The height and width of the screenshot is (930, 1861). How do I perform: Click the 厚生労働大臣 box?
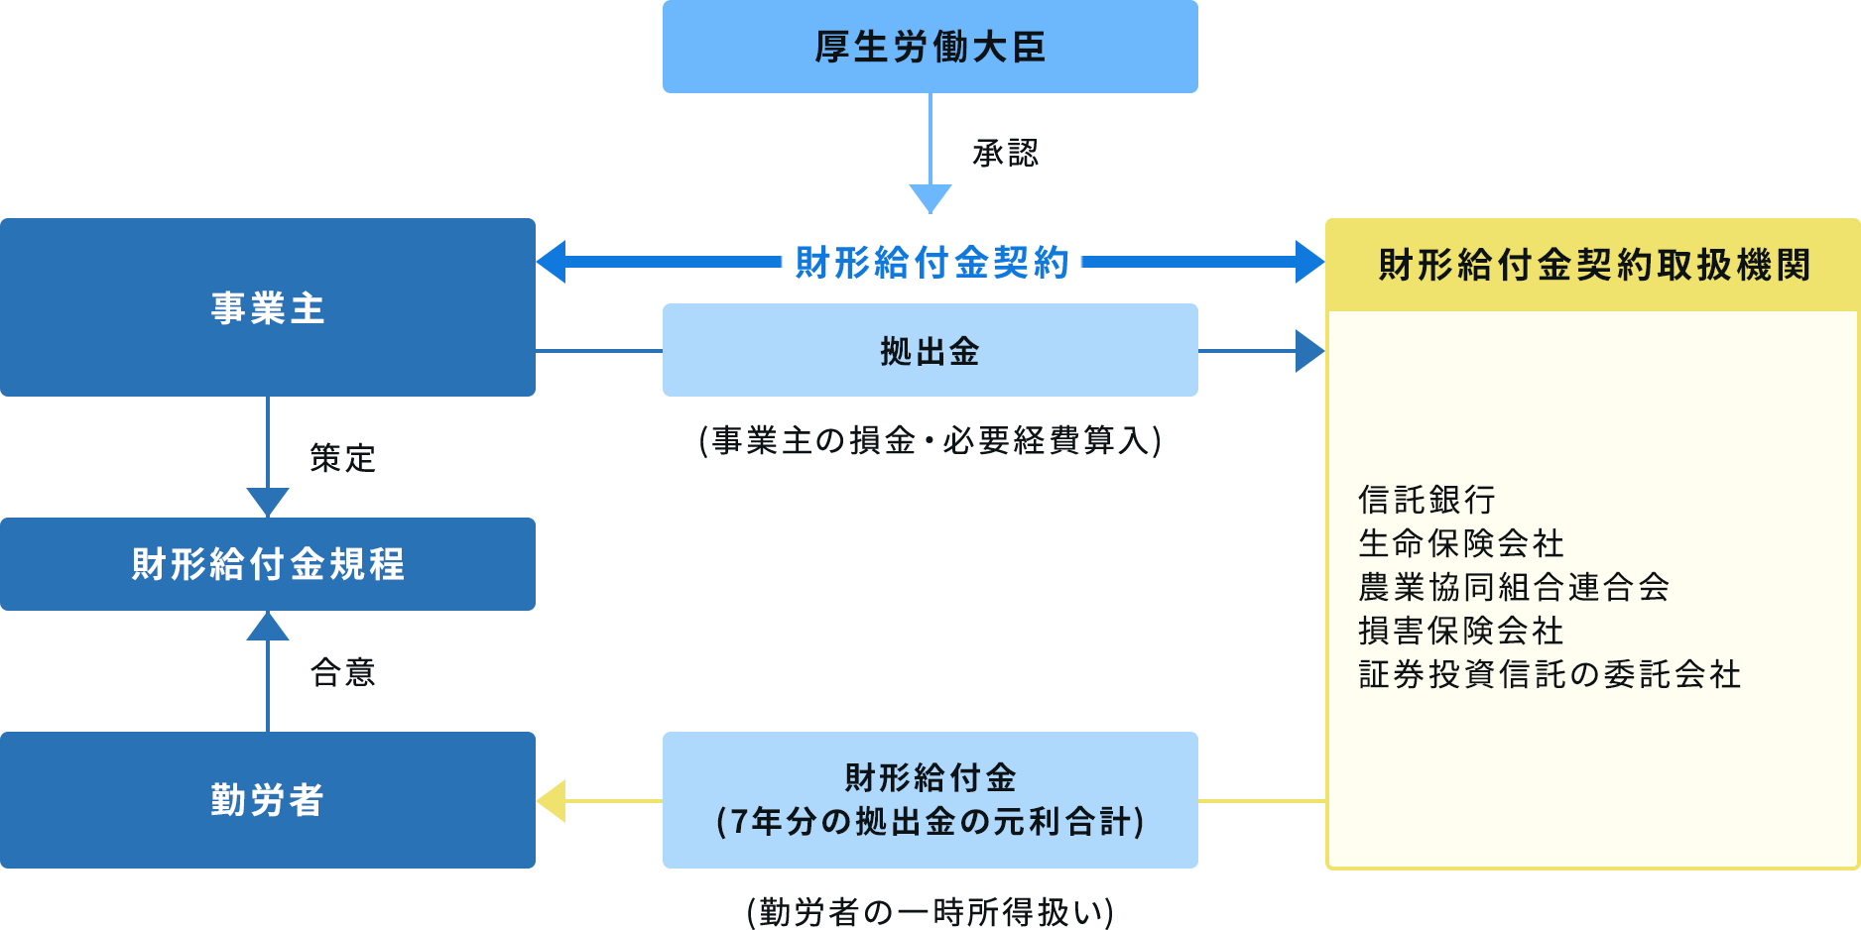tap(930, 47)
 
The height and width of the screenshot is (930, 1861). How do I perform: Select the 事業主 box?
tap(268, 307)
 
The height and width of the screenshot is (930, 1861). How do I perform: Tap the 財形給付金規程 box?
tap(268, 564)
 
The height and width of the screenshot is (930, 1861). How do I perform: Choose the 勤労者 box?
tap(268, 800)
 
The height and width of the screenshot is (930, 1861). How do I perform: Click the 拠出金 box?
tap(930, 351)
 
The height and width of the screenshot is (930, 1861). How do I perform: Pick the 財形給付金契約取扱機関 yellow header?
tap(1593, 265)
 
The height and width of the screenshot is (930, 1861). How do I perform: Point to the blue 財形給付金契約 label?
tap(931, 263)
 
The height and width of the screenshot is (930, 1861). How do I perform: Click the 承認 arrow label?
tap(1005, 153)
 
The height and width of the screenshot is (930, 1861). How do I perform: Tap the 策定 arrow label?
tap(342, 458)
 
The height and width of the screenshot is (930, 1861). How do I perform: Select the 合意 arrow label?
tap(342, 672)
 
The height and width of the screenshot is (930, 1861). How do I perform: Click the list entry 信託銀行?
tap(1427, 500)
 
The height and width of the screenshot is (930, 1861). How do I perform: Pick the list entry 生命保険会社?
tap(1461, 543)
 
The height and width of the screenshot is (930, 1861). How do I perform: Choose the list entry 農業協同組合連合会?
tap(1514, 587)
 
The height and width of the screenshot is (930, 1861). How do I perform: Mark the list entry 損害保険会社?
tap(1461, 631)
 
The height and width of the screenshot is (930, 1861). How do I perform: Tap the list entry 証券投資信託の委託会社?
tap(1550, 674)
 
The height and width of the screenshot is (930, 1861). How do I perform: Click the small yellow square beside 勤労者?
tap(551, 801)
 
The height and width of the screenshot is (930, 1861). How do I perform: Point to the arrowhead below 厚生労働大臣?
tap(930, 198)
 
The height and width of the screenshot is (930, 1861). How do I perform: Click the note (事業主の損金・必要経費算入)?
tap(930, 440)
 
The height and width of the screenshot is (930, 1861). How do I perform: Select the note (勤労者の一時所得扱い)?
tap(930, 911)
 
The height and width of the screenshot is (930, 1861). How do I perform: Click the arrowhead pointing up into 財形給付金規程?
tap(268, 626)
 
